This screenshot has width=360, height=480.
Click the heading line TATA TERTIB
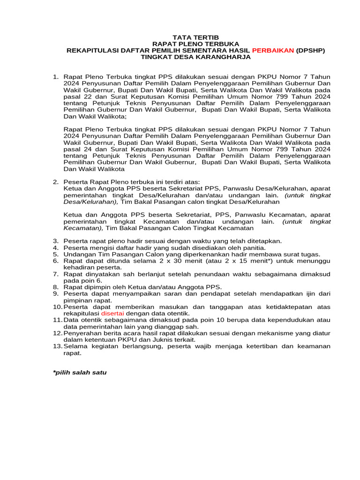(x=195, y=37)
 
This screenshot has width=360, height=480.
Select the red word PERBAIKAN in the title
(x=273, y=50)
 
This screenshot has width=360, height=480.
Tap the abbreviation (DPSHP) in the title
(x=310, y=50)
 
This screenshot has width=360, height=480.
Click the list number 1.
(x=55, y=76)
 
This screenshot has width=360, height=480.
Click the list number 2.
(x=55, y=182)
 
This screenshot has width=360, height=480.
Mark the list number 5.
(x=55, y=254)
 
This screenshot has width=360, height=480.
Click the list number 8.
(x=55, y=287)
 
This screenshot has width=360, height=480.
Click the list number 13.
(x=57, y=346)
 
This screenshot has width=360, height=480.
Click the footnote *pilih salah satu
(x=80, y=373)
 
